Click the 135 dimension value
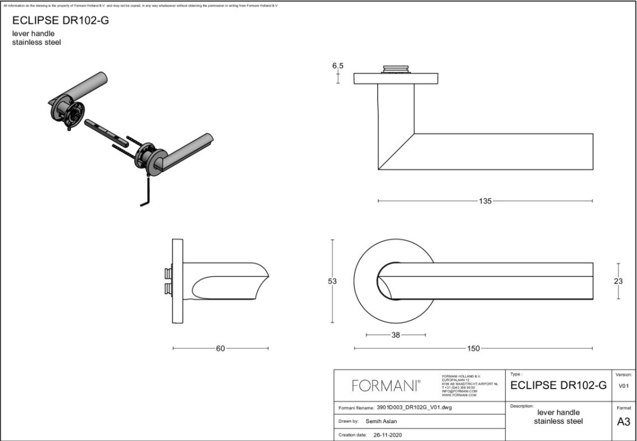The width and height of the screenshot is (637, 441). click(485, 201)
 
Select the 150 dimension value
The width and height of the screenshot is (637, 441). click(473, 349)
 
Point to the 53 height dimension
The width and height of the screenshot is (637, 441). click(332, 281)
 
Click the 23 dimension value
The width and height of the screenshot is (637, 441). click(619, 281)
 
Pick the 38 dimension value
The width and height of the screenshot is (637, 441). click(396, 335)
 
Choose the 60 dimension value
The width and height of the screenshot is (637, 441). click(220, 349)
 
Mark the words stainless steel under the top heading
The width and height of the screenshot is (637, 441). click(37, 42)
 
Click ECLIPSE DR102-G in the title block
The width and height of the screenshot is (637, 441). click(558, 386)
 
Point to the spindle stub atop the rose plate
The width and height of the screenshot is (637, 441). click(396, 69)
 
